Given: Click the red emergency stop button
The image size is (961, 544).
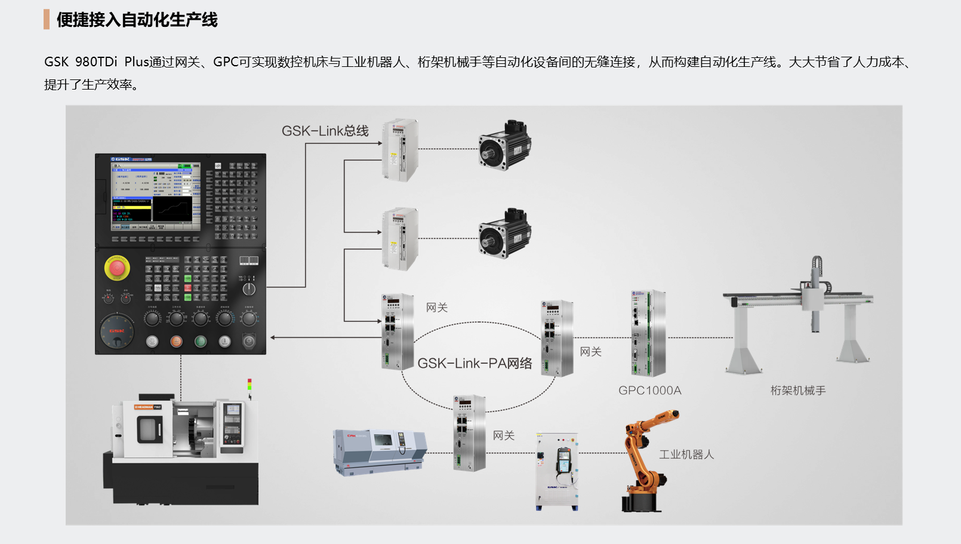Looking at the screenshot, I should [x=117, y=268].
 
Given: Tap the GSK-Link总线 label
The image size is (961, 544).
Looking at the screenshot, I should [x=325, y=131].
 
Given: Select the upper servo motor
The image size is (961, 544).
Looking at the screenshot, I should [x=504, y=146].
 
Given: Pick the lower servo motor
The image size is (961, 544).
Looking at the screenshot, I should [x=504, y=234].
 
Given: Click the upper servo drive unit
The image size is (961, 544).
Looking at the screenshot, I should [x=399, y=149].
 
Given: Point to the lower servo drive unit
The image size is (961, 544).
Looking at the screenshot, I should [x=399, y=239].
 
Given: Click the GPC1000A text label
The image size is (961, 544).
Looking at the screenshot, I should [x=649, y=391].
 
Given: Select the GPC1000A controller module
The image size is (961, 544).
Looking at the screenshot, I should [x=648, y=333].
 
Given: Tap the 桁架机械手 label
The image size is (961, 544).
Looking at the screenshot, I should [x=797, y=391].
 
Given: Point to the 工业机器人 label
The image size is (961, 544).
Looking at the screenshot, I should [x=686, y=454].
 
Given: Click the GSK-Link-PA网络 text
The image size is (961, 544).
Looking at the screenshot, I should [x=475, y=363].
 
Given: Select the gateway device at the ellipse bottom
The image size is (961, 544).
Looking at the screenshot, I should [x=469, y=432].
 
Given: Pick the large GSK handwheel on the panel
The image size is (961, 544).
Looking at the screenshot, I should [x=117, y=331].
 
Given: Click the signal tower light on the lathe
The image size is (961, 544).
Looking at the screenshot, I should [x=250, y=388].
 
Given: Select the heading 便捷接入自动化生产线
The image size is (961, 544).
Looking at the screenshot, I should [x=137, y=20].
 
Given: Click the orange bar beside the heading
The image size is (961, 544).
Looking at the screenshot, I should [x=47, y=20].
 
